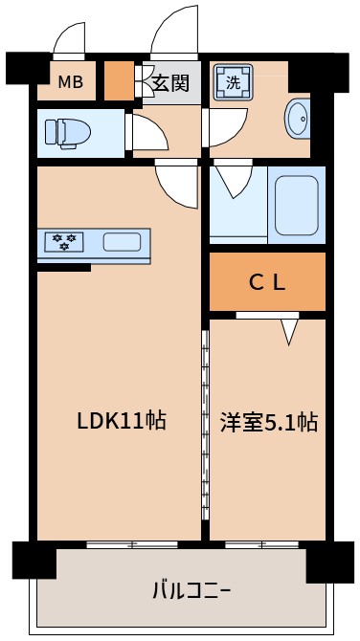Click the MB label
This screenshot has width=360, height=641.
pos(71,82)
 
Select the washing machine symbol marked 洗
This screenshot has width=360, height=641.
pos(234,82)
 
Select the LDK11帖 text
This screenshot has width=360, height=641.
pos(122,420)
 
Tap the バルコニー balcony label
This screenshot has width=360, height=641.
pos(191,589)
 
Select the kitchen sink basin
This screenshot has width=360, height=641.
pos(122,241)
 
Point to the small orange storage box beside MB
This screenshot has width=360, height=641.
pos(119,80)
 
